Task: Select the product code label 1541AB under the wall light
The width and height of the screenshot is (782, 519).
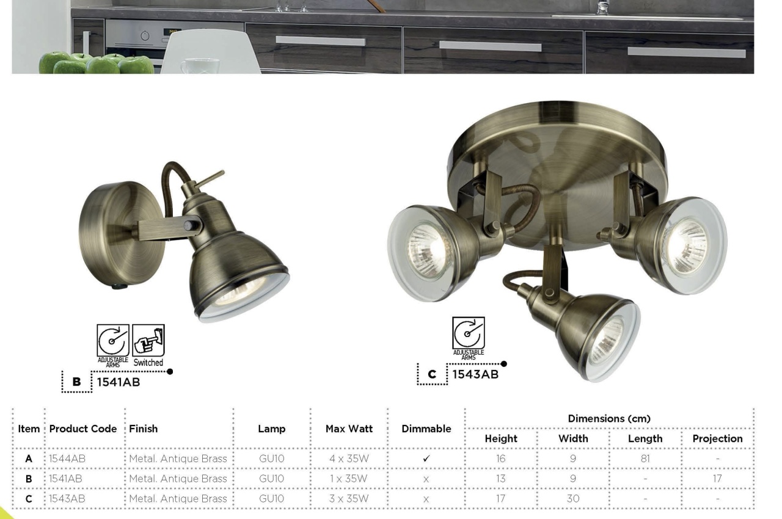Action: pyautogui.click(x=119, y=382)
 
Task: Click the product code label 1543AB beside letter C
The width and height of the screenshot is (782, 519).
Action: pyautogui.click(x=475, y=374)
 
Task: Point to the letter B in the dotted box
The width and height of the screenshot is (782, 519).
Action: pyautogui.click(x=76, y=382)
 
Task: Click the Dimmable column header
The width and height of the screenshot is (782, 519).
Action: pyautogui.click(x=426, y=429)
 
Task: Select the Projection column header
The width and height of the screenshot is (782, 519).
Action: pyautogui.click(x=717, y=438)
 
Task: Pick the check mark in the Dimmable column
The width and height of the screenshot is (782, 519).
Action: pyautogui.click(x=426, y=459)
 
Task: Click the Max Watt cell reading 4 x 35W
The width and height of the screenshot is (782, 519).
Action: pyautogui.click(x=349, y=459)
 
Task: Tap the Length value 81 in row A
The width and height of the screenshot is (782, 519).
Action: pyautogui.click(x=645, y=459)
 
